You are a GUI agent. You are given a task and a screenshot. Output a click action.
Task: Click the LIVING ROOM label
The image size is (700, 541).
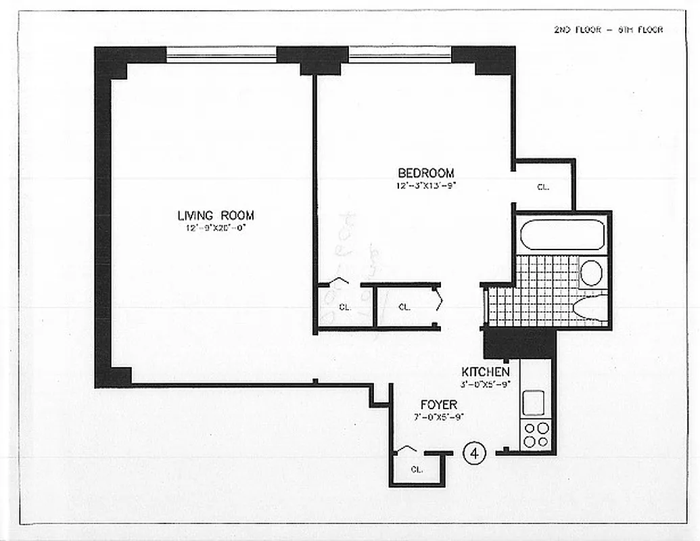pos(216,216)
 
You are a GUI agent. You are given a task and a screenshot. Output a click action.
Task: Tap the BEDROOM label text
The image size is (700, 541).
pos(425,173)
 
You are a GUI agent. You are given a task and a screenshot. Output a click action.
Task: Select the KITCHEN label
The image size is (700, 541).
pos(485,372)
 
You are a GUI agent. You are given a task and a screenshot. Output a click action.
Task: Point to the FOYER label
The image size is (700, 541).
pos(438,405)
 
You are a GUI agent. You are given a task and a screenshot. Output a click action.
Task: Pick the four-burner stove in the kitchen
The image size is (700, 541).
pos(536,434)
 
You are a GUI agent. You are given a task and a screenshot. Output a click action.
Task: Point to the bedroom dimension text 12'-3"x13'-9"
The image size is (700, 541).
pos(425,185)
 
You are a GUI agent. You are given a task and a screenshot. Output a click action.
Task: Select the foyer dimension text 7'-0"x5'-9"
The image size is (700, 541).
pos(438,417)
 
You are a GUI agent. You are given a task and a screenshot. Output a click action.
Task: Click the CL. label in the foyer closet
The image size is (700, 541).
pos(417,470)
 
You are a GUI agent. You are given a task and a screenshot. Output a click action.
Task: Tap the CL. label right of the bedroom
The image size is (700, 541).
pos(542,187)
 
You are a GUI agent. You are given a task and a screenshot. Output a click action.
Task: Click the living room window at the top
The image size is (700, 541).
pos(221,55)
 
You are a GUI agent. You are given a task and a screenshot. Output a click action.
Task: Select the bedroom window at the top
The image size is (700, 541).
pos(400,55)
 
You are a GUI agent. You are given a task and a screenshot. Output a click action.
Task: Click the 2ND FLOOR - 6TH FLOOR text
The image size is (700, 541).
pos(608,30)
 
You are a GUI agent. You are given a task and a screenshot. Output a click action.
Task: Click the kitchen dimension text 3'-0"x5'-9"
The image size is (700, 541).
pos(485,383)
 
